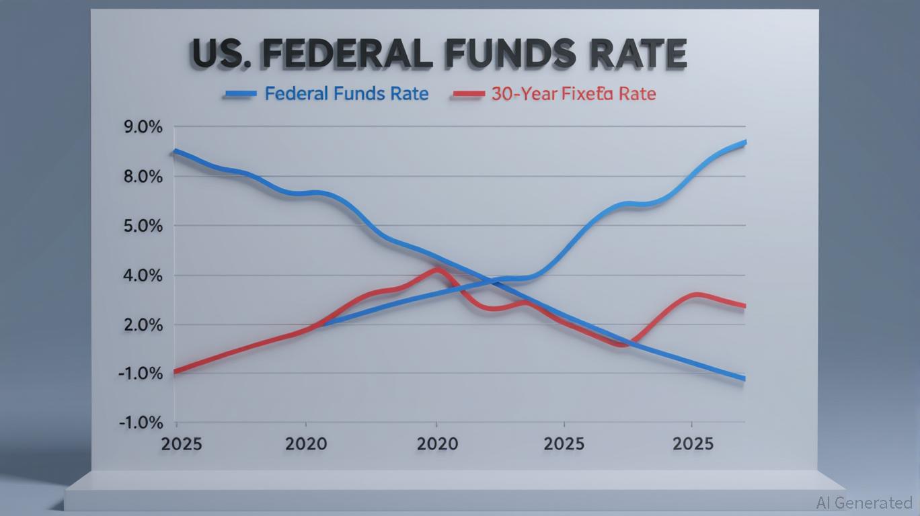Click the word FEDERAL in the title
[347, 55]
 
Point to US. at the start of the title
[223, 55]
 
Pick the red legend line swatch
[468, 94]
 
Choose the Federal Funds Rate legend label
[346, 93]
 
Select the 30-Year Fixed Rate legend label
[573, 93]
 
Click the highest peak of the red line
[437, 269]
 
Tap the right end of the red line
[744, 306]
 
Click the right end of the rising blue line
[744, 142]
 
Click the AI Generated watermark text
[864, 503]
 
